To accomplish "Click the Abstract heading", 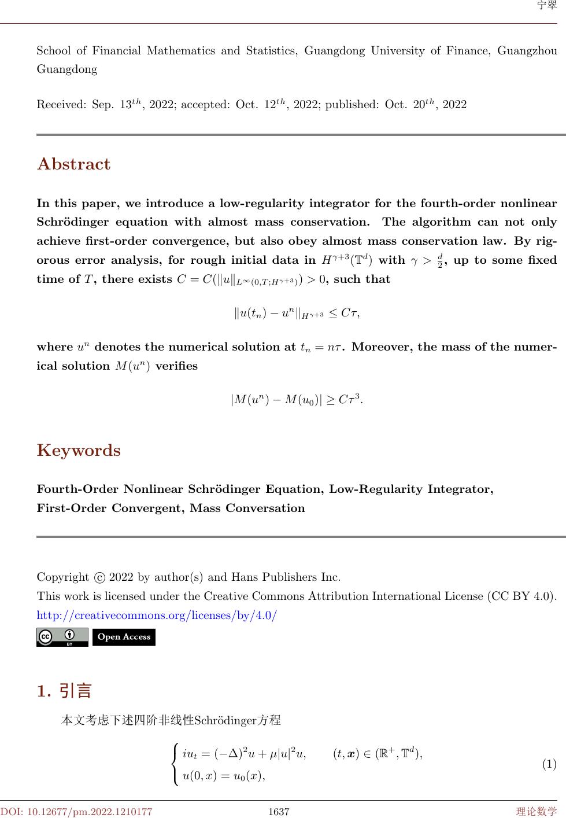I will pyautogui.click(x=73, y=164).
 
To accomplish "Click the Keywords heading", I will pyautogui.click(x=79, y=451).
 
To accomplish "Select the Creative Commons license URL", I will pyautogui.click(x=157, y=615).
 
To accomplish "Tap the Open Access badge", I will pyautogui.click(x=124, y=637).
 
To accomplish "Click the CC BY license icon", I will pyautogui.click(x=62, y=637).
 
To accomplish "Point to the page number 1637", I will pyautogui.click(x=279, y=812).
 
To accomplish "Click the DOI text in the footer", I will pyautogui.click(x=76, y=812).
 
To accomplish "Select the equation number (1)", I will pyautogui.click(x=549, y=765).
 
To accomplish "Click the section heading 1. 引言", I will pyautogui.click(x=64, y=691).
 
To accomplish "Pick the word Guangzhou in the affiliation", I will pyautogui.click(x=527, y=50).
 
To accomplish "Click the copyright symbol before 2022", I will pyautogui.click(x=99, y=577).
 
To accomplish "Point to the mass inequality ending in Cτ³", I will pyautogui.click(x=297, y=399).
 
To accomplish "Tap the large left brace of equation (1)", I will pyautogui.click(x=175, y=765).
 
